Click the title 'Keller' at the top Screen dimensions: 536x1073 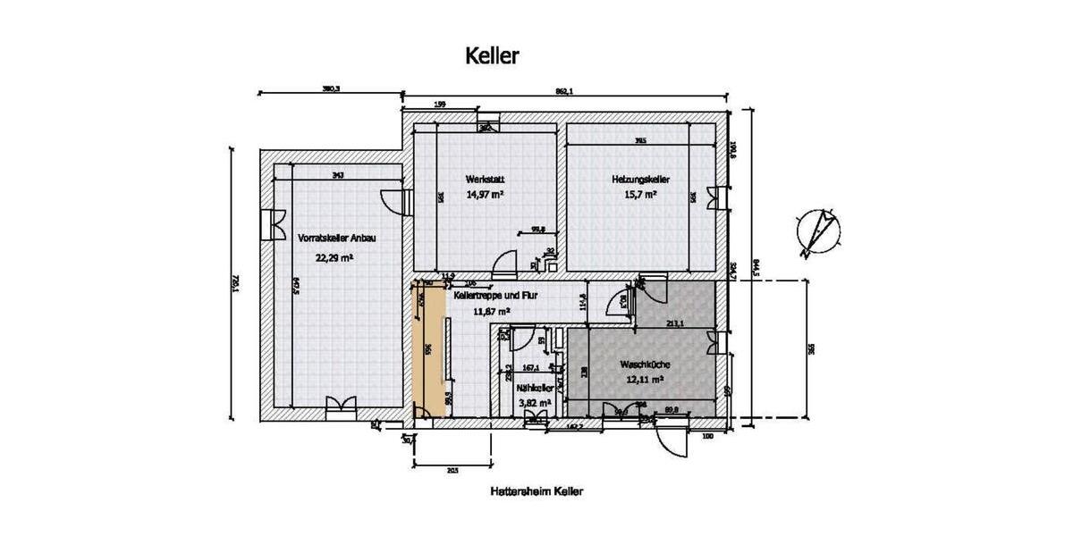coord(492,55)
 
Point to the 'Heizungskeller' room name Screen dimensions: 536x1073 coord(640,179)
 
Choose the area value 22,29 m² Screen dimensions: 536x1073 coord(334,257)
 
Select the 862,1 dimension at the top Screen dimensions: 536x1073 coord(564,90)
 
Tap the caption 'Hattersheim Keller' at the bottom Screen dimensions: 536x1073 coord(536,491)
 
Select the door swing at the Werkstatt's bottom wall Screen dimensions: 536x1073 coord(505,263)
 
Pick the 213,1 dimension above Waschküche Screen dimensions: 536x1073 coord(676,323)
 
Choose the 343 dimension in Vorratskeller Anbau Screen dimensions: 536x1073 coord(337,175)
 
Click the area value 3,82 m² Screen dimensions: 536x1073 coord(534,403)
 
